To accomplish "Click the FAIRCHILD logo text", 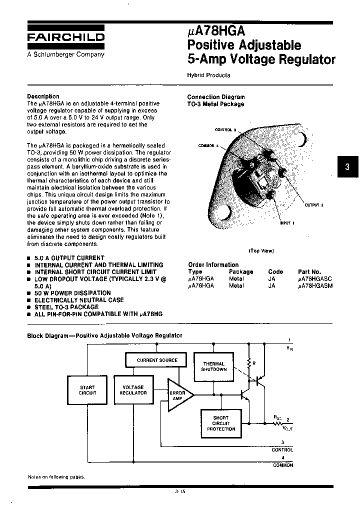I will [65, 37].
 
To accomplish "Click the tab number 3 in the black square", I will [347, 168].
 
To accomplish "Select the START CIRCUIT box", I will [87, 390].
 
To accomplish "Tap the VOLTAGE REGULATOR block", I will [133, 390].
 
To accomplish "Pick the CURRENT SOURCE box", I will [157, 360].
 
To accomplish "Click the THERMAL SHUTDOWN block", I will [213, 366].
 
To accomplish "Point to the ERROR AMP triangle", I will [177, 395].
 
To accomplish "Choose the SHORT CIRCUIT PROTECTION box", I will [220, 423].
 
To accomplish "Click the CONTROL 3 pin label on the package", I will [225, 129].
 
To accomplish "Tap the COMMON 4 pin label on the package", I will [209, 145].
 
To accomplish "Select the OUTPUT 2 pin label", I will [314, 205].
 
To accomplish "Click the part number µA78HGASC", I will [314, 279].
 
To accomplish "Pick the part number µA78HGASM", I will [314, 286].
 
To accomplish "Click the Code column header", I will [275, 272].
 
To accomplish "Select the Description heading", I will [43, 96].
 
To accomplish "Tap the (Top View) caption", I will [261, 251].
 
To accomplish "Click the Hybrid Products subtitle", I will [208, 75].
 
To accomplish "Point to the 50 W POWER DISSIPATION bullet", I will [72, 293].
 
